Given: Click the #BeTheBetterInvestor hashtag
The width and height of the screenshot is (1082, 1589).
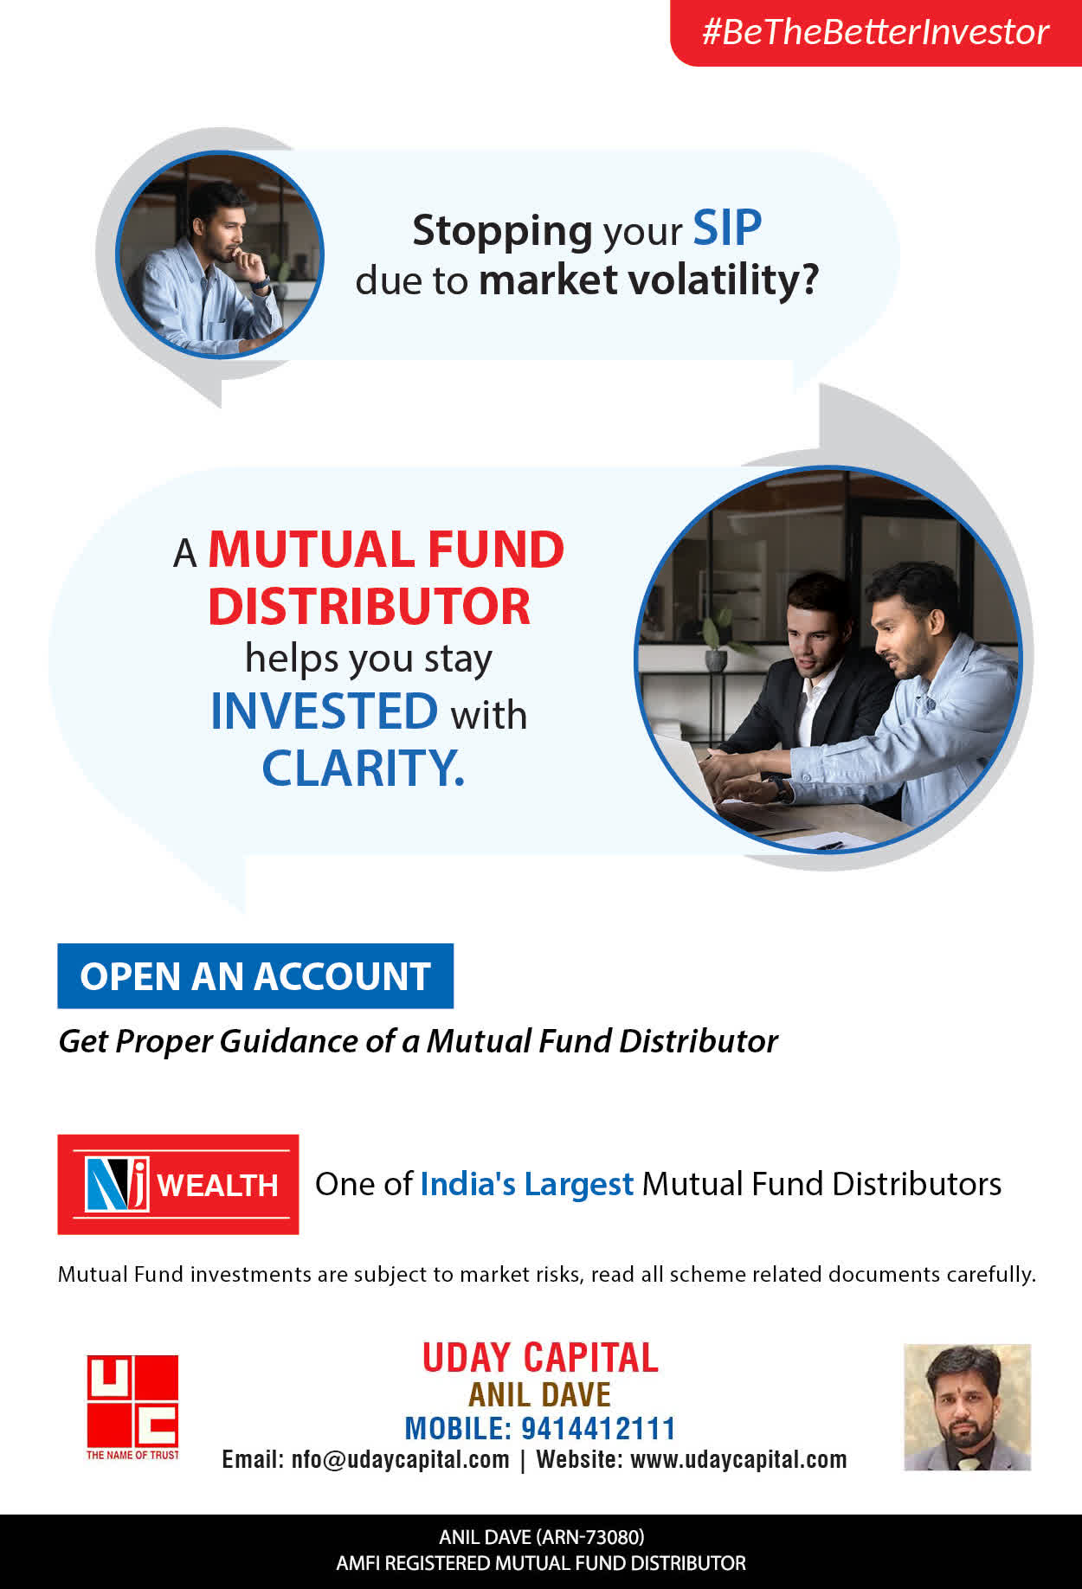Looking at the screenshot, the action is click(875, 32).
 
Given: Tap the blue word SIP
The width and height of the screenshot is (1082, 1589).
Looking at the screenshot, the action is click(727, 228).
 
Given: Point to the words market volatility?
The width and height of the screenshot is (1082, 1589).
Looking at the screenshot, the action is click(648, 280).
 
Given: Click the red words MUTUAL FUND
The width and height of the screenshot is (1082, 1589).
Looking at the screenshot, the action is click(386, 550).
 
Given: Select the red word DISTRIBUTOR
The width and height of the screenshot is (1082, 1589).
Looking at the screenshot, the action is click(370, 607).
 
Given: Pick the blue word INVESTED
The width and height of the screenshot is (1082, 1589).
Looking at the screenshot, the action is click(325, 711).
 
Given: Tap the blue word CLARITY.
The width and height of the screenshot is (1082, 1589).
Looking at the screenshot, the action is click(364, 768).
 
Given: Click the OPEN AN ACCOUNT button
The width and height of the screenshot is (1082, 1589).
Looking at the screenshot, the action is click(255, 976).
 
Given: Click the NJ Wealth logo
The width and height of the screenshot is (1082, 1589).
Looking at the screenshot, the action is click(178, 1184).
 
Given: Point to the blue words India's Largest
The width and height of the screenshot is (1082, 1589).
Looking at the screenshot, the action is click(527, 1184).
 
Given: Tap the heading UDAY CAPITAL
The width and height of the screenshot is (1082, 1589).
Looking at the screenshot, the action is click(540, 1357).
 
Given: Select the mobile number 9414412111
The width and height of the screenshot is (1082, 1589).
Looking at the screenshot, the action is click(598, 1428).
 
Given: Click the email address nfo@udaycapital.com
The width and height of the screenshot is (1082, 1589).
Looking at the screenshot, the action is click(401, 1460).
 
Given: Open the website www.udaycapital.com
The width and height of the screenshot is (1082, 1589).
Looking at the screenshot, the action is click(738, 1459).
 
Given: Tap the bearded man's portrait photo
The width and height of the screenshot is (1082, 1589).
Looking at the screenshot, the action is click(967, 1407).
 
